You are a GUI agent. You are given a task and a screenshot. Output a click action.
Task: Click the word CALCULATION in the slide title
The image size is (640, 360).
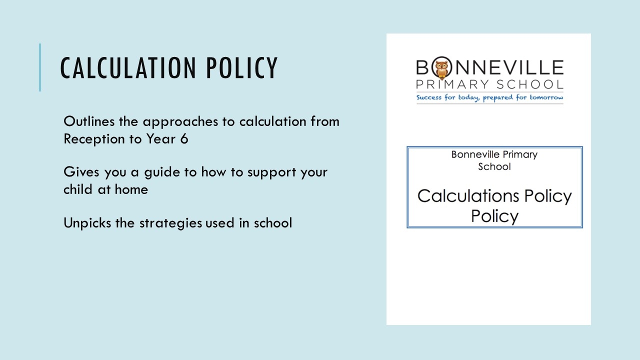[127, 68]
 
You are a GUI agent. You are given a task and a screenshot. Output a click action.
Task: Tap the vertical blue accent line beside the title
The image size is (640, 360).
[40, 67]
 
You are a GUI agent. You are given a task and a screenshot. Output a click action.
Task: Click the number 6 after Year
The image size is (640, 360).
[184, 139]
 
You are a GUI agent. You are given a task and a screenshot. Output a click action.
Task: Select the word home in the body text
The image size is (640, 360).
[131, 189]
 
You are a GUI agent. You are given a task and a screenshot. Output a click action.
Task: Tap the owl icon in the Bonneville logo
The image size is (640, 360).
[440, 68]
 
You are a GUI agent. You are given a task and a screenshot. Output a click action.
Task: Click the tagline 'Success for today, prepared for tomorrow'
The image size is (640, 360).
[489, 97]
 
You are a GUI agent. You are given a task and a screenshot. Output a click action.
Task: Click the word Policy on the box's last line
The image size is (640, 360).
[494, 216]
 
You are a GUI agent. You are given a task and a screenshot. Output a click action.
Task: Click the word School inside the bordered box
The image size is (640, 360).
[494, 166]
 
